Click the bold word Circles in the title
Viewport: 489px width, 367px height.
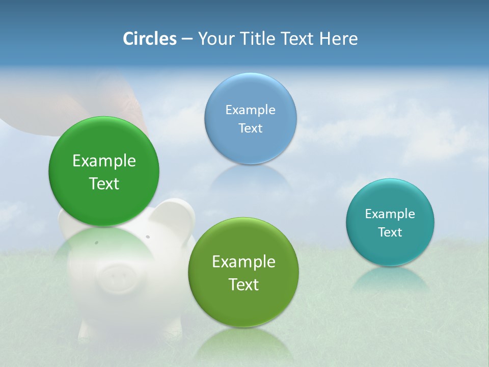(150, 39)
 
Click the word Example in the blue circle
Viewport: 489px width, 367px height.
(250, 110)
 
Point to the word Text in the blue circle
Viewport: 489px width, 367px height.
(250, 128)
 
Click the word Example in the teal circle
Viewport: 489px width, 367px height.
(390, 214)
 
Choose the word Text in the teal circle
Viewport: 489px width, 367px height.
(390, 232)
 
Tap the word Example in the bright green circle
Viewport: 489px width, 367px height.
(104, 161)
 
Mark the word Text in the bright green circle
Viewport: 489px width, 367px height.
(104, 183)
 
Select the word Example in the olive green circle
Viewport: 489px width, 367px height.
(243, 261)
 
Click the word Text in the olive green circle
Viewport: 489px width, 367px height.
(243, 284)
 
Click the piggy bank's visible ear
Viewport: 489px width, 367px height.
(176, 214)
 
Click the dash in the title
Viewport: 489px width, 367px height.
(187, 39)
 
